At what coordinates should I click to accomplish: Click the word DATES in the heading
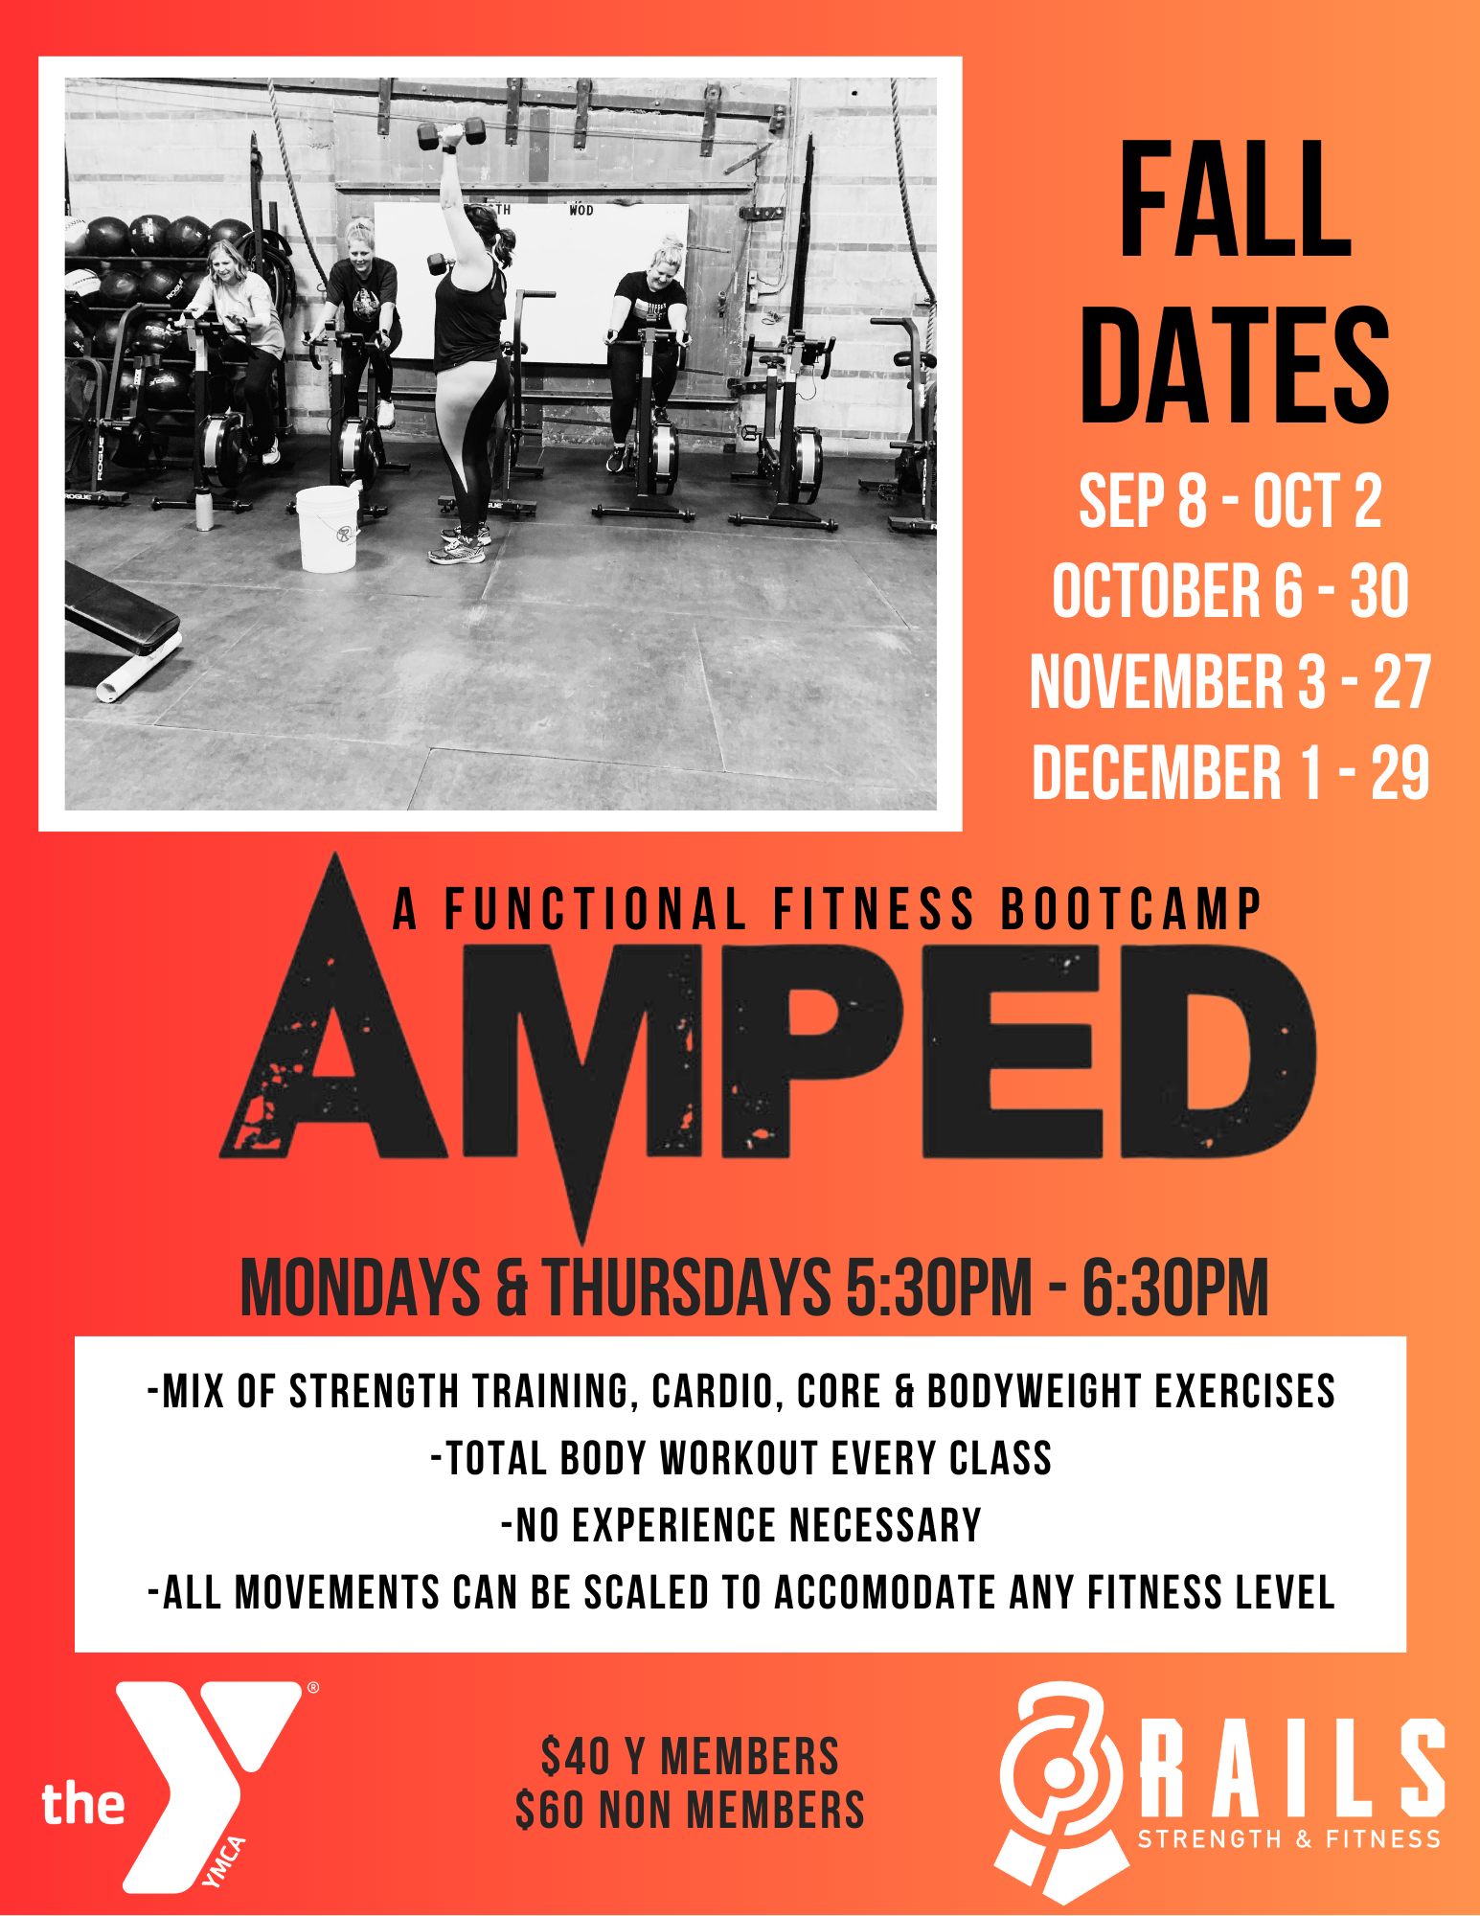pos(1235,365)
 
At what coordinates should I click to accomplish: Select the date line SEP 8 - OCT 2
pos(1231,501)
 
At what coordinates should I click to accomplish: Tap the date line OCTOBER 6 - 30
pos(1231,591)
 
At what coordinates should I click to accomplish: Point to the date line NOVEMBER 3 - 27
pos(1231,682)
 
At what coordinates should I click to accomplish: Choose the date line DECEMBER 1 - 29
pos(1231,772)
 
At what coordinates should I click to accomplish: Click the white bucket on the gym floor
pos(328,528)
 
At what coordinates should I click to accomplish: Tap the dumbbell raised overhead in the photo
pos(452,132)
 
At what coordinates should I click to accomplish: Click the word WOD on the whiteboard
pos(581,210)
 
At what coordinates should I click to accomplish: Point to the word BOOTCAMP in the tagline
pos(1131,909)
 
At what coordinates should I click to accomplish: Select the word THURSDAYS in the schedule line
pos(688,1288)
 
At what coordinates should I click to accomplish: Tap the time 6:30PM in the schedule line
pos(1175,1288)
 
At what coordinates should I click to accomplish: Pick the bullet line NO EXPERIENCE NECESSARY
pos(741,1525)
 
